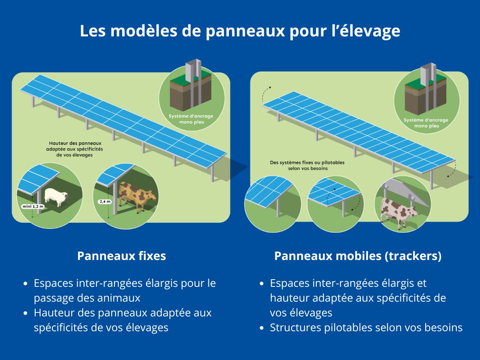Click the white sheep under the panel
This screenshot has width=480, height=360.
tap(56, 197)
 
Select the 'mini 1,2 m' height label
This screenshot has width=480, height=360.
tap(33, 206)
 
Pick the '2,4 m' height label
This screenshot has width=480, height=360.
tap(105, 202)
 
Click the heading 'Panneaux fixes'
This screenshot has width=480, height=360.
tap(122, 256)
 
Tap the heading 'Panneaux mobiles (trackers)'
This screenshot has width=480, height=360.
tap(358, 256)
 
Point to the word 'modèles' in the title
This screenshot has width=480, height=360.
tap(144, 31)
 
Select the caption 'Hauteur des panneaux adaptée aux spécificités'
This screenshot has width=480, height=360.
tap(74, 146)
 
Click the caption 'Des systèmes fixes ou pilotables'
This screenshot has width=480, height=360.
tap(307, 163)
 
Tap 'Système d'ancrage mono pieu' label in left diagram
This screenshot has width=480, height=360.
tap(191, 119)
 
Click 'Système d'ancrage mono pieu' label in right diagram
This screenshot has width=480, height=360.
tap(426, 123)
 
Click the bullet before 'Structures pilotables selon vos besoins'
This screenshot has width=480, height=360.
tap(262, 328)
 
